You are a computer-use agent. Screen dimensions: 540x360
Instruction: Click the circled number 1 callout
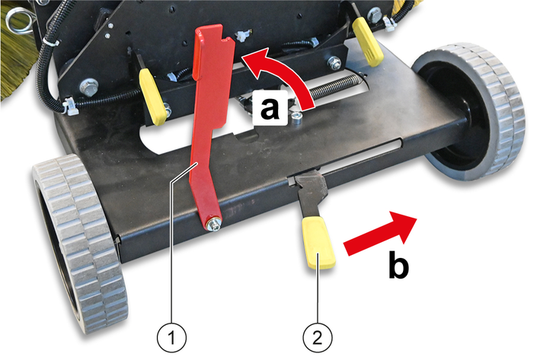coord(171,337)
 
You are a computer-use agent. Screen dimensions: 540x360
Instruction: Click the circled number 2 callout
coord(318,337)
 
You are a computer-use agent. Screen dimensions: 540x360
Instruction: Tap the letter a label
coord(270,108)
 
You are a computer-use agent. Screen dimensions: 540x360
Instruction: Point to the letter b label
coord(398,265)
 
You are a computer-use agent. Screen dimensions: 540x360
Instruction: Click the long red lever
coord(211,124)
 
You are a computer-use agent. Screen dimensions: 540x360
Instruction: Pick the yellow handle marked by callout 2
coord(318,242)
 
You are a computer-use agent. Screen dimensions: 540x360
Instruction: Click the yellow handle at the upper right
coord(367,42)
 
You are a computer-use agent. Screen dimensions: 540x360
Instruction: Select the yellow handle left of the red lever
coord(152,97)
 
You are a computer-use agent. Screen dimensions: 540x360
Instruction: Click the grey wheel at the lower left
coord(80,243)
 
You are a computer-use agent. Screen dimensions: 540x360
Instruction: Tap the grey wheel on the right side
coord(471,111)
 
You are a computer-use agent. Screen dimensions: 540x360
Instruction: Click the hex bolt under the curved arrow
coord(297,116)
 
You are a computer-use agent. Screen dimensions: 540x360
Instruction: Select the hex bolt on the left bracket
coord(88,87)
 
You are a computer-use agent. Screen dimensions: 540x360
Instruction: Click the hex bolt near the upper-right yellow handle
coord(334,63)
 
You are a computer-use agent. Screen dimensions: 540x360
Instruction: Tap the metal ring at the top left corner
coord(19,19)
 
